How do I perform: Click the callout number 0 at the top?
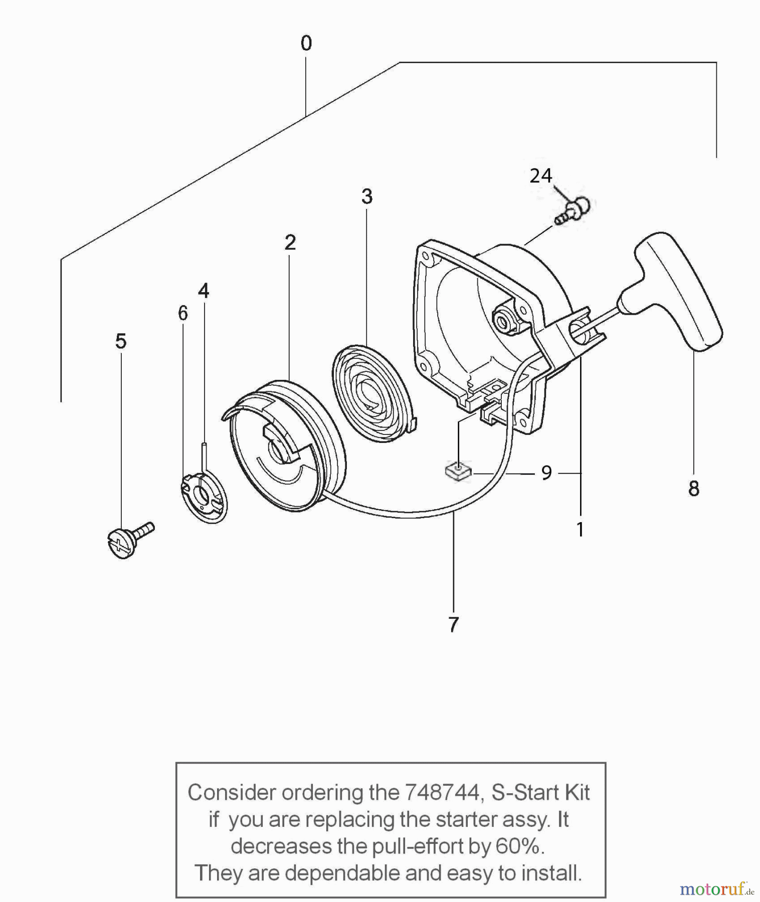click(x=306, y=44)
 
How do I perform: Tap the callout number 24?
click(x=541, y=176)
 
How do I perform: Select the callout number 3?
click(x=366, y=196)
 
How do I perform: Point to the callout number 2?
click(x=290, y=243)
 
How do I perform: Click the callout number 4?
click(x=203, y=291)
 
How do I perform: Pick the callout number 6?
click(x=183, y=313)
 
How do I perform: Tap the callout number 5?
click(x=121, y=342)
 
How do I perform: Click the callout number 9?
click(x=546, y=473)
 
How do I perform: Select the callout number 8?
click(x=693, y=488)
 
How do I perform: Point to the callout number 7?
click(x=453, y=624)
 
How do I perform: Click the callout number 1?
click(x=580, y=530)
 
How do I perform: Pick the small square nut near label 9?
click(x=458, y=472)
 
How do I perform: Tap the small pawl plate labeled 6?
click(x=203, y=496)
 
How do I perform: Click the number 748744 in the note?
click(x=442, y=792)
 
